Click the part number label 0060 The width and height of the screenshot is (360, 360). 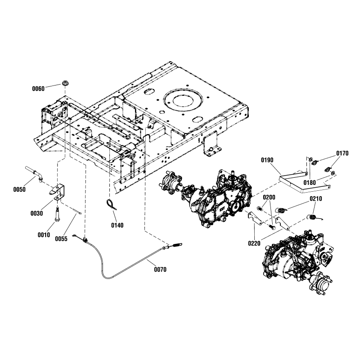[x=38, y=89]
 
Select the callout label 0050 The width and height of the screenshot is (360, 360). [x=19, y=190]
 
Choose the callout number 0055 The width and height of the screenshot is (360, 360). [x=62, y=239]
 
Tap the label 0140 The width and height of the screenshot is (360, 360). [x=117, y=225]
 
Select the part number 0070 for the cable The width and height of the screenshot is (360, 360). [x=160, y=270]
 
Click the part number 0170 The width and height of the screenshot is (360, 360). [x=342, y=153]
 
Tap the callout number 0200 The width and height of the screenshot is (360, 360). [x=269, y=198]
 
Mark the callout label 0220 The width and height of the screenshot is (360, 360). [x=254, y=243]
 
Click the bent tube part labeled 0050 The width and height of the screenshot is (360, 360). [x=34, y=173]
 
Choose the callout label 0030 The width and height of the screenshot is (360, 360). [x=37, y=213]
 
